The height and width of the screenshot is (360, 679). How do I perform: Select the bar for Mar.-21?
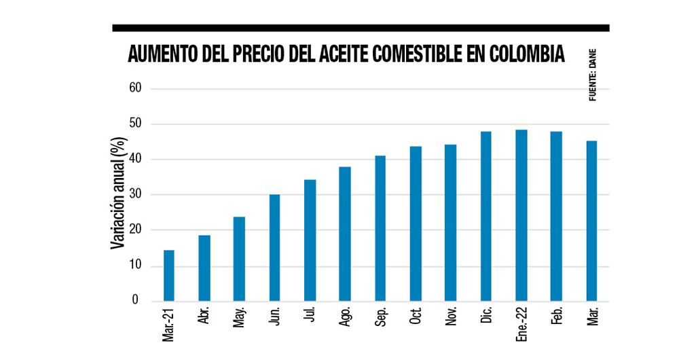pyautogui.click(x=169, y=276)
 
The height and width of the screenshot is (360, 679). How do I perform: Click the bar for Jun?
pyautogui.click(x=274, y=248)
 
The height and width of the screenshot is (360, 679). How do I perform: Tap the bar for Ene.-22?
pyautogui.click(x=521, y=215)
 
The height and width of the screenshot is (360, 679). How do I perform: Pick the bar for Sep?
pyautogui.click(x=380, y=228)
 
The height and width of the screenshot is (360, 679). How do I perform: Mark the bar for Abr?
pyautogui.click(x=204, y=268)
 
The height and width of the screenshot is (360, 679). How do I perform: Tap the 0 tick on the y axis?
pyautogui.click(x=135, y=300)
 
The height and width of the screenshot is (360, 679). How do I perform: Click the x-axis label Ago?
pyautogui.click(x=345, y=317)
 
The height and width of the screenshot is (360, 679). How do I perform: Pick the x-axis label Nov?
pyautogui.click(x=451, y=317)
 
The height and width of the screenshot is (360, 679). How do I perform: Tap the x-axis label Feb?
pyautogui.click(x=556, y=317)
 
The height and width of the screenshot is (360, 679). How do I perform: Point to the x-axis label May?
pyautogui.click(x=239, y=317)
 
